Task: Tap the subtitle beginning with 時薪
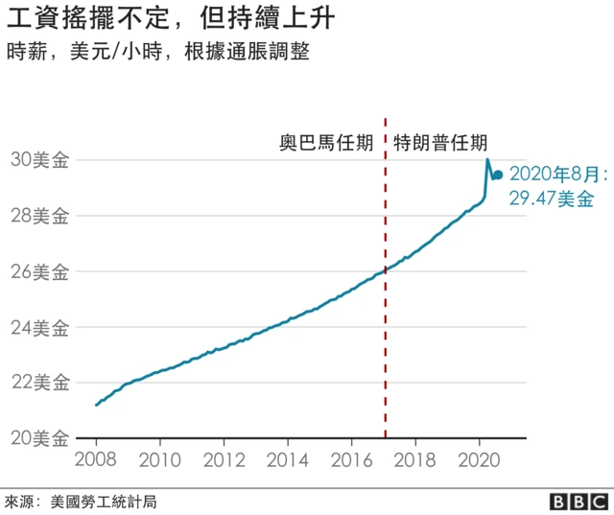tap(157, 52)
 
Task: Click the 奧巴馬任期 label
tap(326, 144)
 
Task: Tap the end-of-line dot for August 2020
tap(498, 175)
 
